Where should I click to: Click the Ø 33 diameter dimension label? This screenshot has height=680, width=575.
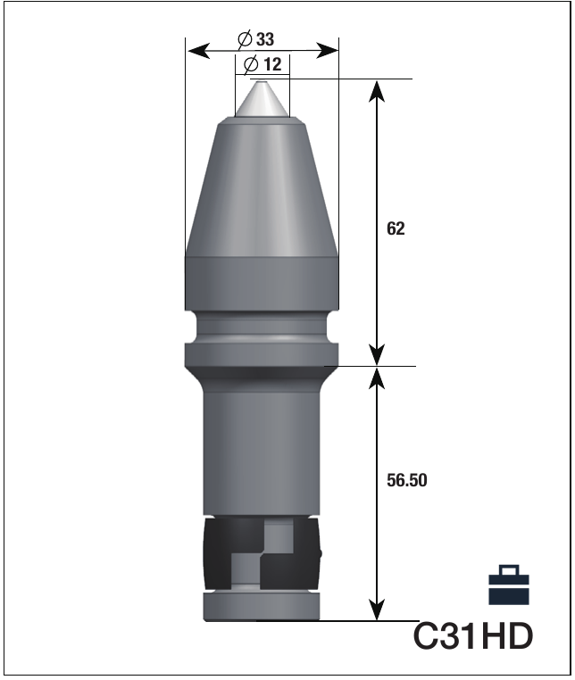tap(256, 39)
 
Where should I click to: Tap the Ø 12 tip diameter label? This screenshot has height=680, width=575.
tap(262, 64)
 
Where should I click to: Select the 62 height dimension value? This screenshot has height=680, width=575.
tap(396, 228)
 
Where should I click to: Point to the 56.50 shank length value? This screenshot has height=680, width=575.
tap(406, 480)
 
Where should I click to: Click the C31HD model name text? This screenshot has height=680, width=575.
tap(472, 635)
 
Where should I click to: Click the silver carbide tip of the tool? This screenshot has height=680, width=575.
tap(262, 99)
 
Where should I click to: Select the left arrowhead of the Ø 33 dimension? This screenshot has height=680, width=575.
tap(199, 50)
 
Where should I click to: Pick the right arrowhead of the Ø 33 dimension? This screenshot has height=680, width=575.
tap(327, 50)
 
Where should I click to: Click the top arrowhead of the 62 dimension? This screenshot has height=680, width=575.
tap(377, 91)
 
